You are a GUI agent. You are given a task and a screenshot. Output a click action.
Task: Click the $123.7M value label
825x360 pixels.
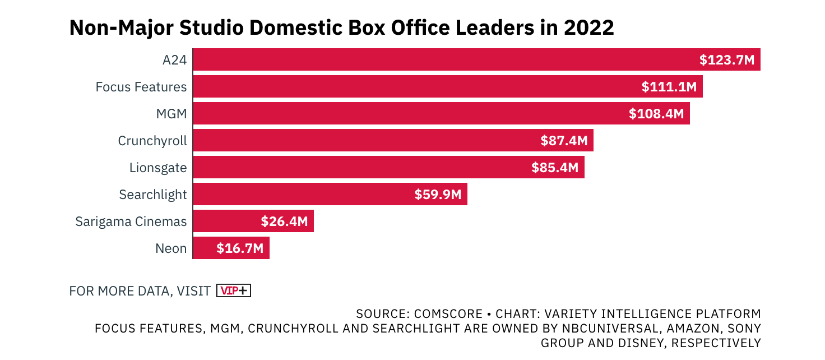tap(727, 60)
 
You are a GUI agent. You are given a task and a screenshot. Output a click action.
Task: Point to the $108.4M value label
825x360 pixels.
tap(656, 114)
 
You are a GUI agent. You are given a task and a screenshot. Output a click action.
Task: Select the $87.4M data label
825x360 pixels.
tap(564, 141)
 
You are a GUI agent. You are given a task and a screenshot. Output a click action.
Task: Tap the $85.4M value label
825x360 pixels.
tap(555, 167)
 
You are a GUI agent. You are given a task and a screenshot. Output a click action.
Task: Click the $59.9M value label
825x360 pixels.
tap(438, 194)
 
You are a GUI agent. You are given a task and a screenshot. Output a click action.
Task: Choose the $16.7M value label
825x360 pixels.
tap(240, 248)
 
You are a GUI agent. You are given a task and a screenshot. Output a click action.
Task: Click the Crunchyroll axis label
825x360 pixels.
tap(152, 141)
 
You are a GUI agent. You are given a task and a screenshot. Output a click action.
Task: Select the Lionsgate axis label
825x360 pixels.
tap(157, 168)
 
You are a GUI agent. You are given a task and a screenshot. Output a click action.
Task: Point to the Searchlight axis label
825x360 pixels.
tap(152, 195)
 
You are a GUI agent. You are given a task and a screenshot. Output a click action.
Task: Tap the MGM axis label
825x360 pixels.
tap(171, 114)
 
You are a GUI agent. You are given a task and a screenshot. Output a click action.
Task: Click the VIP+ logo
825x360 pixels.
tap(233, 290)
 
